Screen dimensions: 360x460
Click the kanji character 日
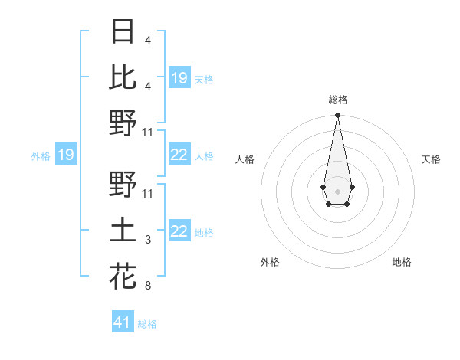point(123,33)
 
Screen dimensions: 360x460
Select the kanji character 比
point(123,77)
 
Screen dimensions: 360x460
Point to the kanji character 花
point(123,276)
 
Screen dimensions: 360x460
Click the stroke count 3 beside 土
point(148,240)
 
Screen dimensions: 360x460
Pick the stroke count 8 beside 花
point(148,286)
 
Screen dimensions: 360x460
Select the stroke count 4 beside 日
point(148,41)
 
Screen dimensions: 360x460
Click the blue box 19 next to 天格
point(179,77)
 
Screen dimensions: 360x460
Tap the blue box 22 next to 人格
point(179,155)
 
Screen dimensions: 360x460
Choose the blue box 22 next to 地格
point(179,231)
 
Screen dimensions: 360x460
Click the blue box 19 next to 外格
point(65,155)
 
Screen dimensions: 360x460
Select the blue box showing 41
point(122,322)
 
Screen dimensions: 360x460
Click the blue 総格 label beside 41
point(147,324)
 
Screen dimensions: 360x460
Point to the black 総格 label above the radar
point(337,100)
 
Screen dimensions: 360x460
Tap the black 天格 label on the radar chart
point(431,159)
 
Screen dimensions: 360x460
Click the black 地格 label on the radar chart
point(402,262)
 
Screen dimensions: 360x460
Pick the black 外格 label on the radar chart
point(270,262)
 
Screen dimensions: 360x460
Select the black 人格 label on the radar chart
point(245,159)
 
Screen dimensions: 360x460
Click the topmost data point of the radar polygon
point(337,116)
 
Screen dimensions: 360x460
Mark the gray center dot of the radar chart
point(337,191)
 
